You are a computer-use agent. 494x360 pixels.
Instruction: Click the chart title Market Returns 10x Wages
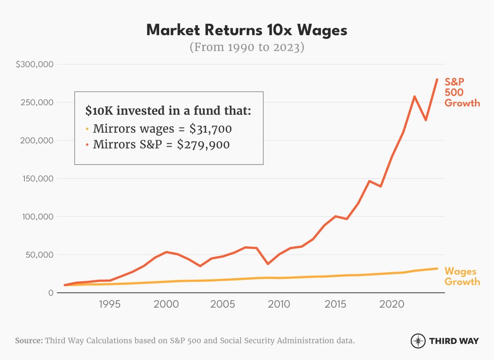click(x=246, y=30)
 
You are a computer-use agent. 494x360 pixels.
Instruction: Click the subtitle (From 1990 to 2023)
click(x=246, y=47)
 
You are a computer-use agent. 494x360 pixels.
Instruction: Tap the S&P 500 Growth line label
click(x=462, y=92)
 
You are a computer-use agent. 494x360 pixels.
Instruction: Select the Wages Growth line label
click(x=462, y=276)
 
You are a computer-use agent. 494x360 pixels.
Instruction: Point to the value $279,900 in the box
click(x=203, y=145)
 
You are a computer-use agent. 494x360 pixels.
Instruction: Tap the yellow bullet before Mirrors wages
click(x=87, y=129)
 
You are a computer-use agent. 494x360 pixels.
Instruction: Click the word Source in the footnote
click(x=28, y=340)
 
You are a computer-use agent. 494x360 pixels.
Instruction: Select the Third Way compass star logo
click(x=418, y=340)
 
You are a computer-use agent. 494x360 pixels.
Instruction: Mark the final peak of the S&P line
click(x=437, y=79)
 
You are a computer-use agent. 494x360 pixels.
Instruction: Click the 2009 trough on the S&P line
click(x=268, y=264)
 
